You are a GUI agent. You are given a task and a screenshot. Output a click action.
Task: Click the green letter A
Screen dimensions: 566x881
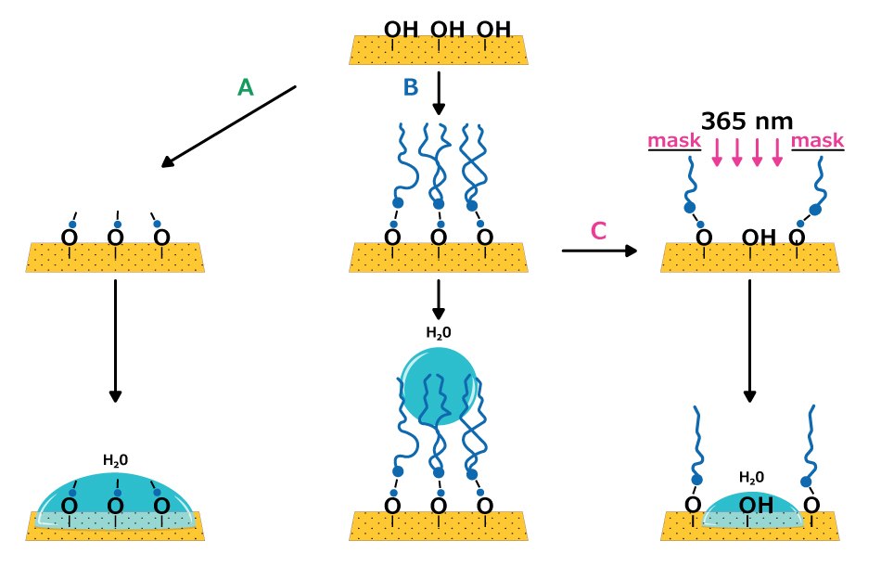(x=245, y=87)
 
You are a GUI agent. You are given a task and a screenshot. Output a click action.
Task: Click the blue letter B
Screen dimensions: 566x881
(x=410, y=87)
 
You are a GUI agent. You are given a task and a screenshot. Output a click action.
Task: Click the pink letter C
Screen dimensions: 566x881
(x=598, y=230)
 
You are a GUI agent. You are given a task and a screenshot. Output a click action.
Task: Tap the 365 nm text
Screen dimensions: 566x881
(x=747, y=121)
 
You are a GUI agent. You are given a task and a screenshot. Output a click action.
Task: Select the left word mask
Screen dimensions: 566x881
(x=674, y=140)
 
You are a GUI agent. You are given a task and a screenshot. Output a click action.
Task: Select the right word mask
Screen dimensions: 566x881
(x=818, y=140)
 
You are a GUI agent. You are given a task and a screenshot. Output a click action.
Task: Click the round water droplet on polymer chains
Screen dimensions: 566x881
(x=439, y=386)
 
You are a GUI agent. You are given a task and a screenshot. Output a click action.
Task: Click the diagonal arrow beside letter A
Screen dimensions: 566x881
(x=228, y=127)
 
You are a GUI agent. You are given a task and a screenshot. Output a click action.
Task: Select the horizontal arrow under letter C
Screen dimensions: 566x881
(x=599, y=251)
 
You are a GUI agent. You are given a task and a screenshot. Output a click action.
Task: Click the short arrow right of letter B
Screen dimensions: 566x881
(x=439, y=95)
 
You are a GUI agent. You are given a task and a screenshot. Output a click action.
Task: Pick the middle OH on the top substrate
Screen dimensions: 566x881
(x=447, y=29)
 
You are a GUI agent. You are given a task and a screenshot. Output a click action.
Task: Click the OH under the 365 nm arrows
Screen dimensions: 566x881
(x=759, y=238)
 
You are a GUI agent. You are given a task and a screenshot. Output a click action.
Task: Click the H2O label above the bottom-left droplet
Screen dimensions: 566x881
(x=115, y=459)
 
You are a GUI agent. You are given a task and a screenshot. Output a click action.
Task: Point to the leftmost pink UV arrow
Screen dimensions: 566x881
(x=717, y=153)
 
